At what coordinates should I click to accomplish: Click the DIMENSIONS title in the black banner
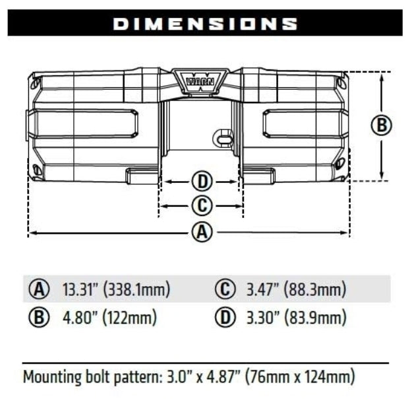205,24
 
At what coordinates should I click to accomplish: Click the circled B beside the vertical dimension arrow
382,125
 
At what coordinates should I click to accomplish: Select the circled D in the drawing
202,180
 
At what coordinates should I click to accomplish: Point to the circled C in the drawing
202,206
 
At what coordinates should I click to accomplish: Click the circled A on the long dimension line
202,232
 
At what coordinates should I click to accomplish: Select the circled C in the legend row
225,289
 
